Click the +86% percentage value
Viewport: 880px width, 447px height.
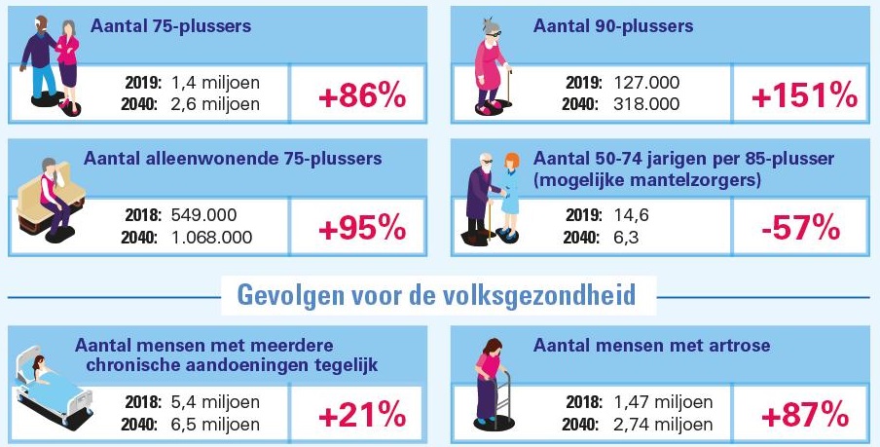tap(361, 95)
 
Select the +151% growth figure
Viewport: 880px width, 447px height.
tap(804, 95)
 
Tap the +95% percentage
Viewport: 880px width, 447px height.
tap(361, 227)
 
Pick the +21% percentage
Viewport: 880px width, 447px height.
tap(361, 415)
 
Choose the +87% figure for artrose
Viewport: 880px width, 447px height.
tap(804, 415)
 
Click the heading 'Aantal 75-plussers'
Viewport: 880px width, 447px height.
tap(171, 26)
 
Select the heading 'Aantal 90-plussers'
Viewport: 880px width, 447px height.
tap(613, 26)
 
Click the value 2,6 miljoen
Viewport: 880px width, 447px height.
tap(215, 104)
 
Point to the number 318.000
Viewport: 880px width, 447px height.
tap(646, 104)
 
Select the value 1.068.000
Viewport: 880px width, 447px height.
tap(211, 237)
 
